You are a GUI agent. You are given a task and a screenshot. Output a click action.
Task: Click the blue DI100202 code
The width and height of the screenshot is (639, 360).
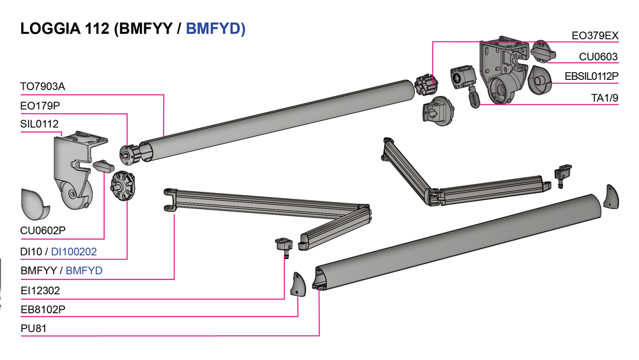pyautogui.click(x=74, y=252)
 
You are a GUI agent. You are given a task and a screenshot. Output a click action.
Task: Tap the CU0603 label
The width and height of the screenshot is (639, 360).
pyautogui.click(x=598, y=57)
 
